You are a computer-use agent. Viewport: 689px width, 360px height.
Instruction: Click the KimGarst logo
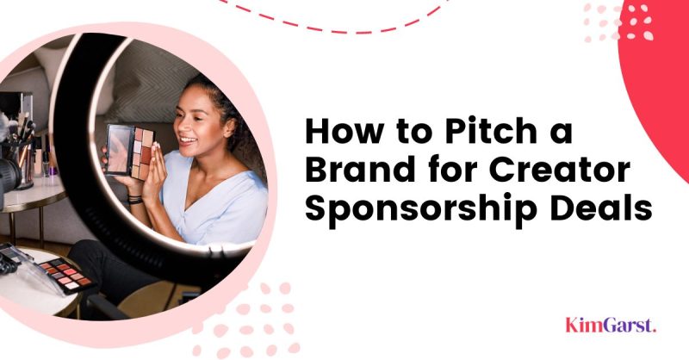point(611,325)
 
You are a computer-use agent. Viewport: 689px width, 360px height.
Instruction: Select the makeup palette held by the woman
point(129,152)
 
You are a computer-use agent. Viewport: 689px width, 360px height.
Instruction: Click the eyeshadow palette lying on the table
point(67,275)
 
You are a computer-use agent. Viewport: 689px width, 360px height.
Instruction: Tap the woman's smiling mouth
point(188,140)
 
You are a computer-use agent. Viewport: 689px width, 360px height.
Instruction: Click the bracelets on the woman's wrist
point(135,199)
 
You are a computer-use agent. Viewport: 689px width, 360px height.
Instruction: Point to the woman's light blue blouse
point(211,202)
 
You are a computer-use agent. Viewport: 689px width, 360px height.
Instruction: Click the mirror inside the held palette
point(119,149)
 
